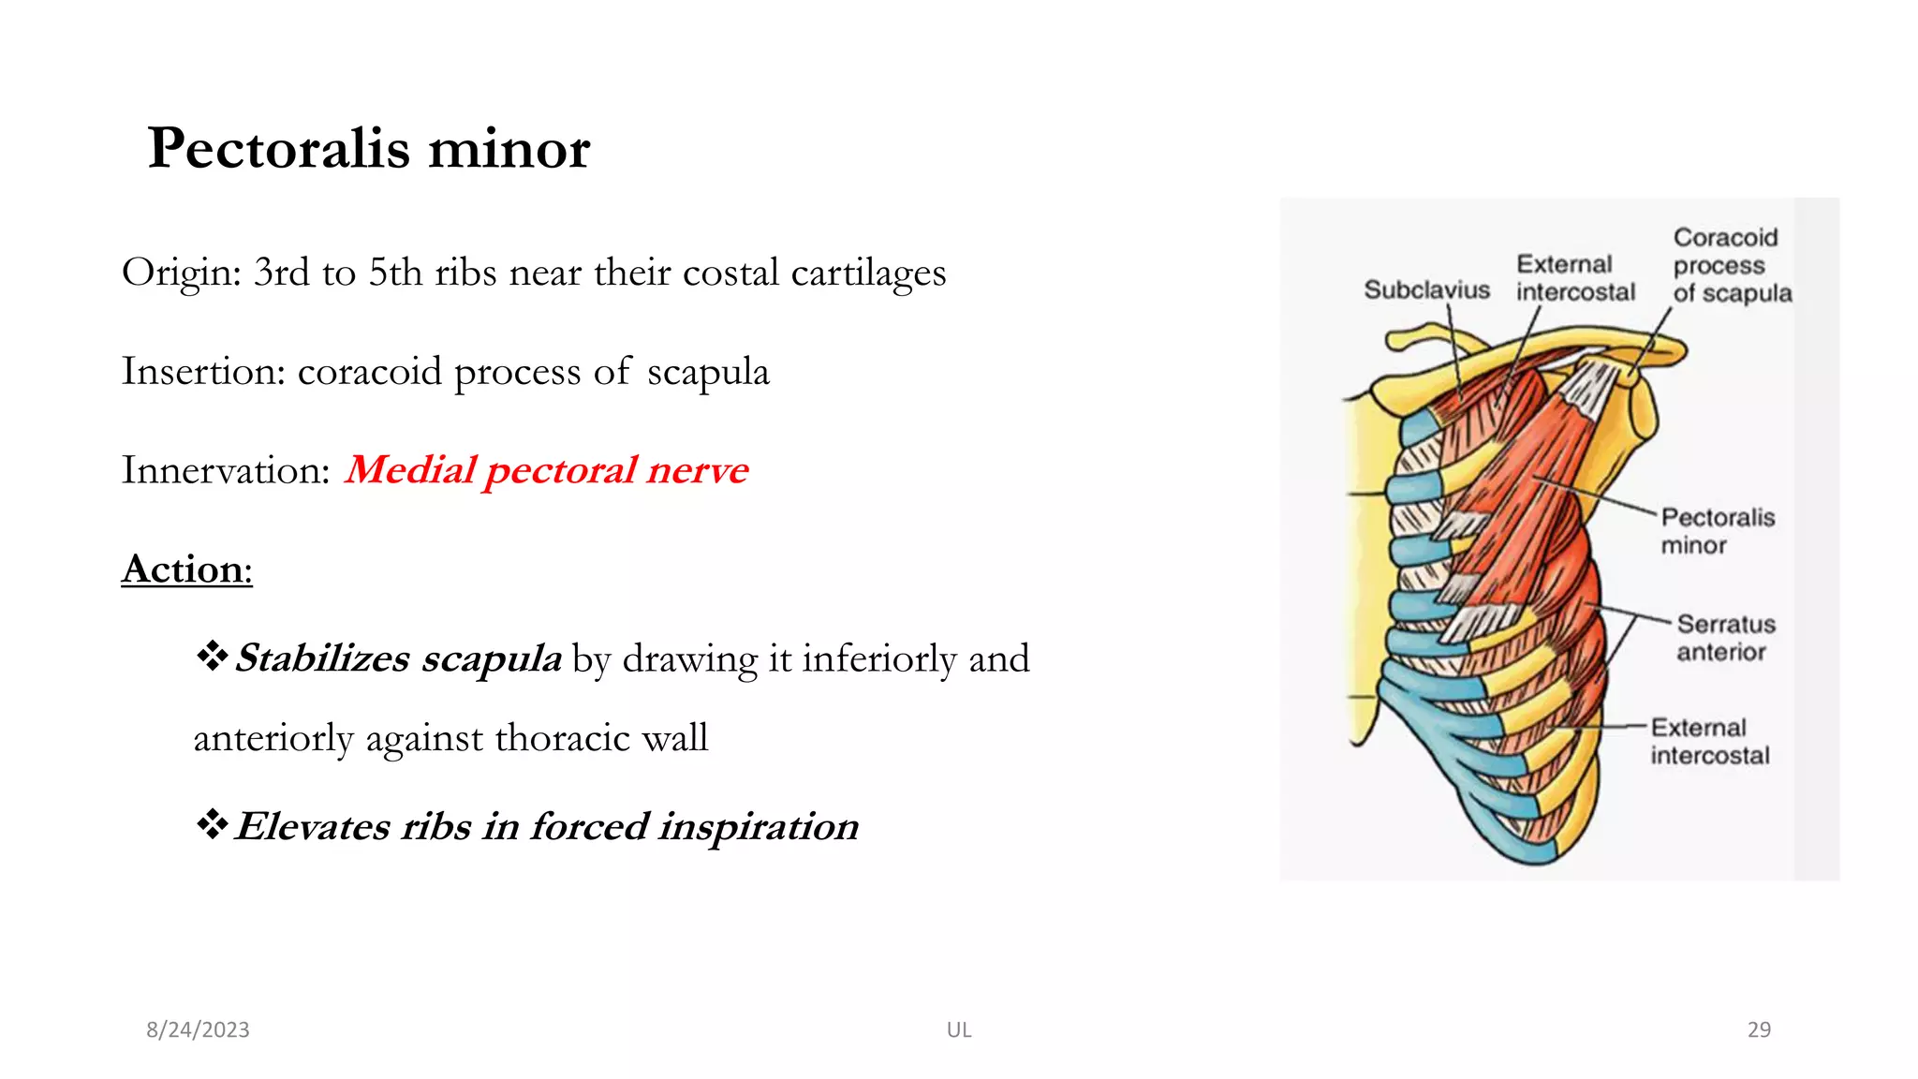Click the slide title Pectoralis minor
[368, 148]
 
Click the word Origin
[180, 273]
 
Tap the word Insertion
[201, 372]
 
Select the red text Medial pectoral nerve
[546, 470]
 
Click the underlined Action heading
[186, 569]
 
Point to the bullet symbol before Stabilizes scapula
[212, 657]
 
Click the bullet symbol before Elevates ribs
[212, 824]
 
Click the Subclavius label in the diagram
[1425, 289]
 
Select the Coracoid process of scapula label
[1731, 265]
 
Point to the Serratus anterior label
[1724, 637]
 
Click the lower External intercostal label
[1709, 741]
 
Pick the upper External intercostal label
[1574, 278]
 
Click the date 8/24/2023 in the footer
[198, 1029]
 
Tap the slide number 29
[1758, 1029]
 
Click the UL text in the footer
[958, 1029]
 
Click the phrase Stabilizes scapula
[398, 658]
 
